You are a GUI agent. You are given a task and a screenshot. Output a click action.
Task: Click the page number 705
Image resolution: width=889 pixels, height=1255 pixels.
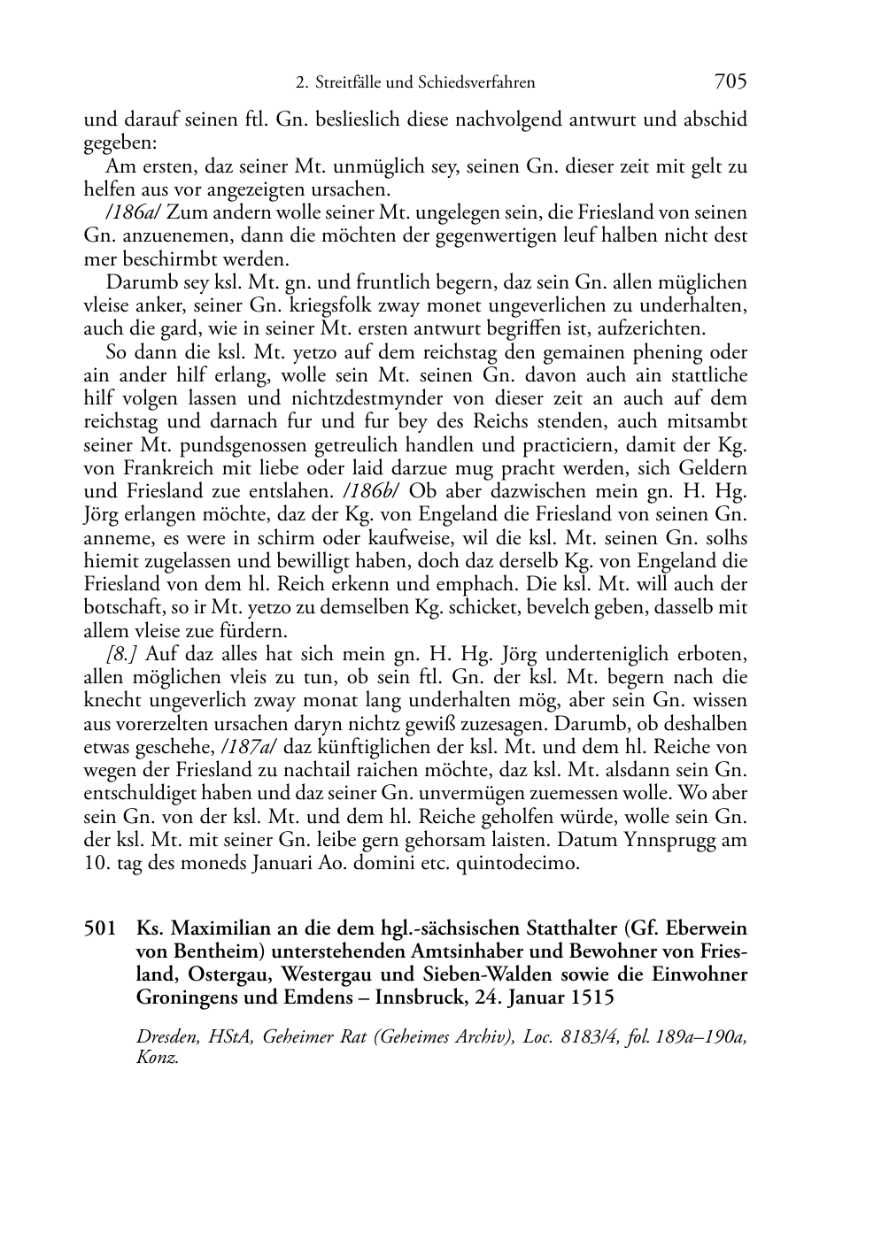(731, 81)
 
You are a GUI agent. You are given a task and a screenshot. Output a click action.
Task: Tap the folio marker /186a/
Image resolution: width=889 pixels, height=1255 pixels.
(133, 213)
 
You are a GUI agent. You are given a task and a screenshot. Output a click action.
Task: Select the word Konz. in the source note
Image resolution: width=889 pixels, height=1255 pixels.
(157, 1059)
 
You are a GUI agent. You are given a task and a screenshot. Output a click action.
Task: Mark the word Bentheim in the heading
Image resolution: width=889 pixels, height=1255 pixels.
(216, 952)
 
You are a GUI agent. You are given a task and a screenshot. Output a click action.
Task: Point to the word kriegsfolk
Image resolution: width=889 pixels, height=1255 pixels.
(377, 306)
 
